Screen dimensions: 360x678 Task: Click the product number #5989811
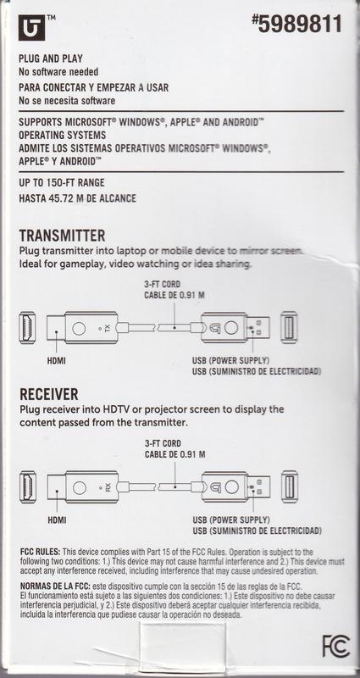coord(296,24)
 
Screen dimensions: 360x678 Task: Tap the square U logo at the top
coord(31,27)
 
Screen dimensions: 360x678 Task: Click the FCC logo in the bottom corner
coord(335,646)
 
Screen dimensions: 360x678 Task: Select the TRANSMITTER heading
coord(62,236)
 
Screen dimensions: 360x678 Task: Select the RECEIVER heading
coord(49,394)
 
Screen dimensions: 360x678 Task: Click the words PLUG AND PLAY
coord(51,58)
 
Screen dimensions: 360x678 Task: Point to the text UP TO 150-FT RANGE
coord(61,183)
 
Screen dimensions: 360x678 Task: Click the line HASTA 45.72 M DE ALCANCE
coord(77,198)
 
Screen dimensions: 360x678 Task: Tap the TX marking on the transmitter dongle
coord(103,329)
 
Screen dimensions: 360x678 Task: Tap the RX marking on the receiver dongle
coord(108,488)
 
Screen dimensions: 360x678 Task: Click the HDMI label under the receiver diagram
coord(57,520)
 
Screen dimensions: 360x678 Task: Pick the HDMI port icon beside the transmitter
coord(27,328)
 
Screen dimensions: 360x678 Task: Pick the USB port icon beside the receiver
coord(290,486)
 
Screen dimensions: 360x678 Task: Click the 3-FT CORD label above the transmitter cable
coord(162,285)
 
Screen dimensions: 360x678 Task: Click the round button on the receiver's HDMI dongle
coord(79,488)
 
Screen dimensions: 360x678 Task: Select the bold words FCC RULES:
coord(41,553)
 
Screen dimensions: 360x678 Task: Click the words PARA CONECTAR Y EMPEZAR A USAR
coord(93,87)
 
